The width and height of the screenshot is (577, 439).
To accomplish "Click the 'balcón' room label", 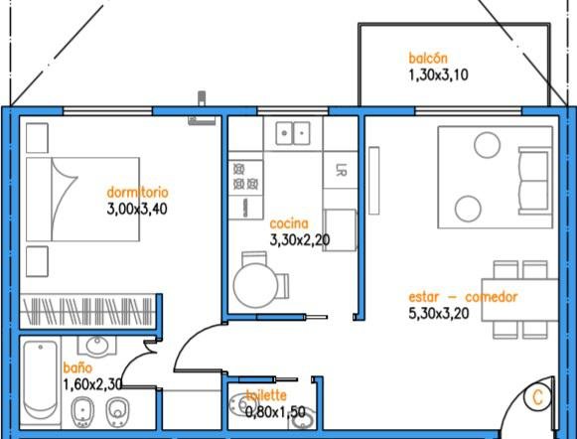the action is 428,59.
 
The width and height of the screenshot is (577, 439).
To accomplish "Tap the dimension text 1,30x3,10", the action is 438,74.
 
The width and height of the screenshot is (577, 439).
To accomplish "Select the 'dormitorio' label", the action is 137,192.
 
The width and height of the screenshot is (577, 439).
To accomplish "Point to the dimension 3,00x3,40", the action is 137,209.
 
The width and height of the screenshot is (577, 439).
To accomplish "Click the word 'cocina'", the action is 289,223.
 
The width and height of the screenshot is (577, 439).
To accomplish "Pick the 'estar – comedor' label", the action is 463,297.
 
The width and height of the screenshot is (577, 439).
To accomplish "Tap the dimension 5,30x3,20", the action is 439,314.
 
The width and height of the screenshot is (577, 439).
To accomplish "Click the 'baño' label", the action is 77,367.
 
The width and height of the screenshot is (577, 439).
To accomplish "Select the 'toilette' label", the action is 266,395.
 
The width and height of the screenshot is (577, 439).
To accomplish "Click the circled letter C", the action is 537,397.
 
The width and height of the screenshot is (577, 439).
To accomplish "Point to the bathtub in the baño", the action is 40,380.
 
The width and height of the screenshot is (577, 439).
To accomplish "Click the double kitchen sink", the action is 293,133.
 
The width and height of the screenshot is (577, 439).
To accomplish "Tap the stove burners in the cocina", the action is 245,176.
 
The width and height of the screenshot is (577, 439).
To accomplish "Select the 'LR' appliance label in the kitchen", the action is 341,170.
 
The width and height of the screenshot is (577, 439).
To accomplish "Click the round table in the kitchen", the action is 256,285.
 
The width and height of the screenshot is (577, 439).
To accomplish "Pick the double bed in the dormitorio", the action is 82,199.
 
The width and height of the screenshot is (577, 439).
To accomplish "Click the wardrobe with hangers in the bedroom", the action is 87,311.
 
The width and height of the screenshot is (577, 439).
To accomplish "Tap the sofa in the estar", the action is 535,181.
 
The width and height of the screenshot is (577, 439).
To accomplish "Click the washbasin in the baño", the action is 96,346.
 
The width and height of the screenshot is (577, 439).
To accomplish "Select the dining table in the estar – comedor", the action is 519,300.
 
